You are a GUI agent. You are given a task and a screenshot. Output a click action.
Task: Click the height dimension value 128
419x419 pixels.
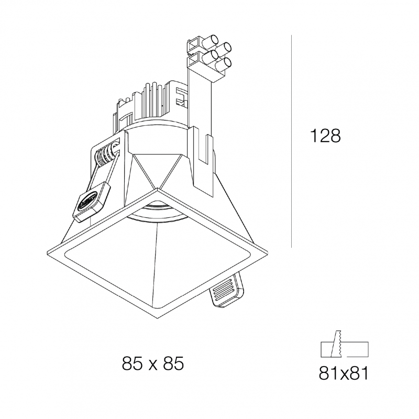click(x=325, y=136)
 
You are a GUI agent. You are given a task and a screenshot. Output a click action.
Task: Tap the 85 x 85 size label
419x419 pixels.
click(x=152, y=363)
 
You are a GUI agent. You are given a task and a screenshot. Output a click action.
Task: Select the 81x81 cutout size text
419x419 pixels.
click(x=344, y=374)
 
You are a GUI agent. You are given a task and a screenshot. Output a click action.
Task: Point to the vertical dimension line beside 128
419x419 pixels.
click(x=291, y=141)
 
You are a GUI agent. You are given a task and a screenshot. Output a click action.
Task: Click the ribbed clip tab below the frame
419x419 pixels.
click(x=226, y=291)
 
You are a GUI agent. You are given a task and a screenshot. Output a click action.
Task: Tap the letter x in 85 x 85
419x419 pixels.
click(x=153, y=364)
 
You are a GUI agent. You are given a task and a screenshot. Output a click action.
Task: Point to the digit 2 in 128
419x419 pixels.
click(x=325, y=136)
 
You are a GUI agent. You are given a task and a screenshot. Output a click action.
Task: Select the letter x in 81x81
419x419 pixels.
click(x=344, y=374)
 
